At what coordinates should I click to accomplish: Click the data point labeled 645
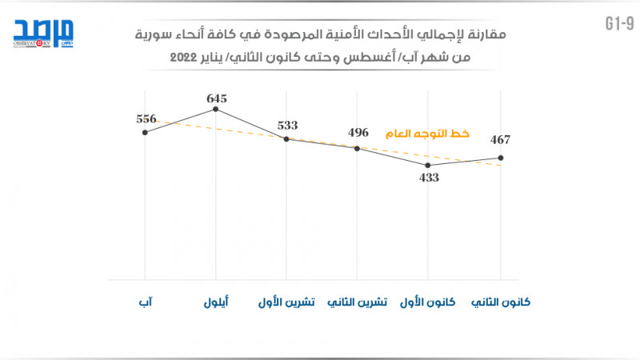pos(216,108)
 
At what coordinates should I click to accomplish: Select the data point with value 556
pos(145,132)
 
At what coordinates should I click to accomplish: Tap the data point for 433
pos(429,165)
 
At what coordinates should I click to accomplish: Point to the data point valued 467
pos(500,158)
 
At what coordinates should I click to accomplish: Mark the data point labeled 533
pos(286,138)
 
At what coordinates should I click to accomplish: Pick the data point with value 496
pos(358,148)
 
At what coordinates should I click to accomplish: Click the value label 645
pos(217,98)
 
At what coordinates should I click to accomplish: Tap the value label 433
pos(430,178)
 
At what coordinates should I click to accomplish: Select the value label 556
pos(146,118)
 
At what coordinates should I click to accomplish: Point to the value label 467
pos(500,140)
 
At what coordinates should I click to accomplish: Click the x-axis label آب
pos(146,303)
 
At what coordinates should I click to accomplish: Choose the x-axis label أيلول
pos(215,303)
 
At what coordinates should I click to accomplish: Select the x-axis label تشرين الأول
pos(286,303)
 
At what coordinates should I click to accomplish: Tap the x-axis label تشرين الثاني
pos(358,303)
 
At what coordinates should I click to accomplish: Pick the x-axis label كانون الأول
pos(428,303)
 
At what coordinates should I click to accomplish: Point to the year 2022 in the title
pos(185,58)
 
